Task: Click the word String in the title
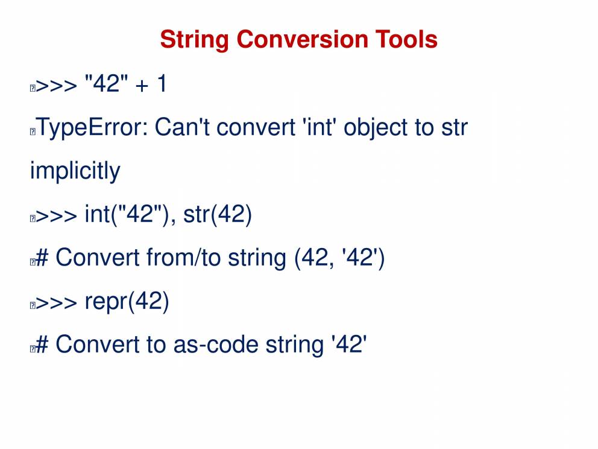click(x=195, y=40)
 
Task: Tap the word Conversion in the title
click(x=302, y=39)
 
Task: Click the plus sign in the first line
click(x=142, y=85)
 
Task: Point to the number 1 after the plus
click(x=162, y=83)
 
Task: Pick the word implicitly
click(x=75, y=171)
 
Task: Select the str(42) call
click(x=218, y=215)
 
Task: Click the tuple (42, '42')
click(x=339, y=258)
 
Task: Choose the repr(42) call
click(x=127, y=302)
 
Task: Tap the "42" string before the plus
click(x=107, y=83)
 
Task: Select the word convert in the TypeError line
click(x=256, y=127)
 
